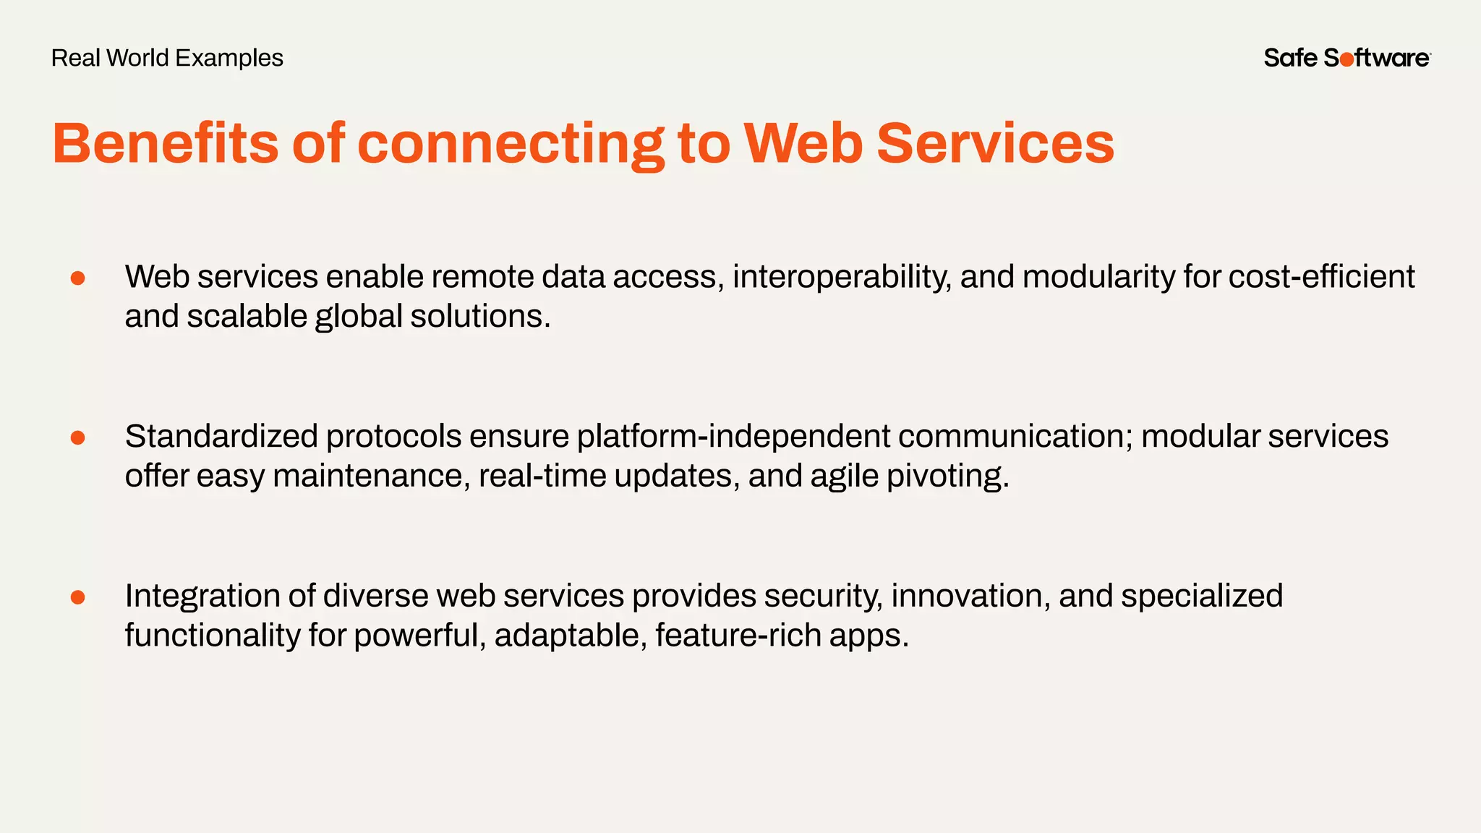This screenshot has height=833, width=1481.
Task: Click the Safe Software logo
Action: click(x=1346, y=58)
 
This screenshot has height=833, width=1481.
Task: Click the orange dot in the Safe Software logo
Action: click(x=1346, y=60)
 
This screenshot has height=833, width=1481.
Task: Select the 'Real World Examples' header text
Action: click(x=167, y=58)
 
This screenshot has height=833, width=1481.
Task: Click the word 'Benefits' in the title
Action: click(x=165, y=142)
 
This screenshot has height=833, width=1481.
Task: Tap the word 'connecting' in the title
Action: click(x=511, y=144)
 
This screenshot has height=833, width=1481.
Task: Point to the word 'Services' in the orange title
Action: click(x=995, y=142)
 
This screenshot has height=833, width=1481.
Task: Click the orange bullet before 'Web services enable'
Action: click(x=78, y=278)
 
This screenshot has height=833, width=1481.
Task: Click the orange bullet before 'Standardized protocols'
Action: click(x=78, y=437)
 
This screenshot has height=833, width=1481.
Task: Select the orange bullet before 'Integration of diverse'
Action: click(x=78, y=597)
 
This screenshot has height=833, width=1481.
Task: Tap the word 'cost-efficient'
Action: click(x=1321, y=277)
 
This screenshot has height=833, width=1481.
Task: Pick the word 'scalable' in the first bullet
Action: click(x=247, y=317)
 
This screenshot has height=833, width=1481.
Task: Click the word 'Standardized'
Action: click(x=221, y=436)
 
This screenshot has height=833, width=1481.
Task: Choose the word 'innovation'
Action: click(x=970, y=596)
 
